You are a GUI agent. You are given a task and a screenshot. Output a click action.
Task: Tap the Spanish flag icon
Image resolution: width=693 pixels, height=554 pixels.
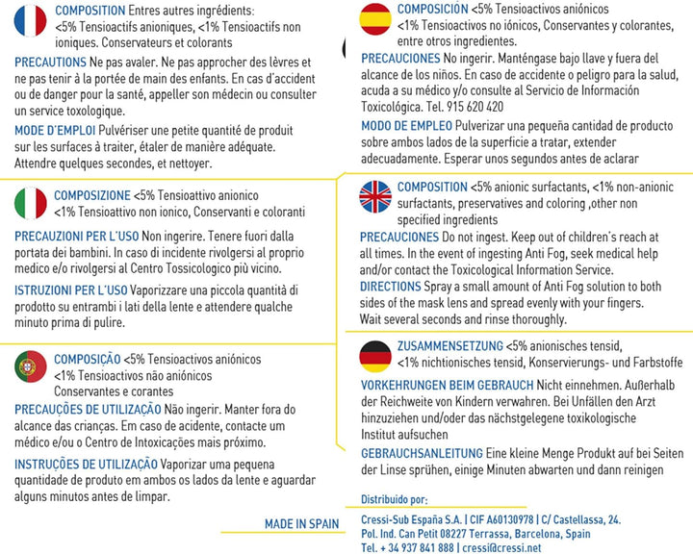pos(374,19)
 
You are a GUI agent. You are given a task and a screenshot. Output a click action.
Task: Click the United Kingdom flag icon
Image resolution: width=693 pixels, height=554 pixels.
pos(374,197)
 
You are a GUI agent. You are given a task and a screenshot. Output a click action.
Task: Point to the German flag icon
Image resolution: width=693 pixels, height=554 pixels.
pos(374,356)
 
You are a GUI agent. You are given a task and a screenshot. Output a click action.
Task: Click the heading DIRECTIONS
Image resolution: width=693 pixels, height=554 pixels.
pos(391,286)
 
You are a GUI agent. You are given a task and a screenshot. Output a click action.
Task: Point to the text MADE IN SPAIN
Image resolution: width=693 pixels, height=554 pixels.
pos(302,524)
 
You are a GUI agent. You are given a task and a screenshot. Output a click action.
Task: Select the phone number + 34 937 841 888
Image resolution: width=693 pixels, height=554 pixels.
pos(407,547)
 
